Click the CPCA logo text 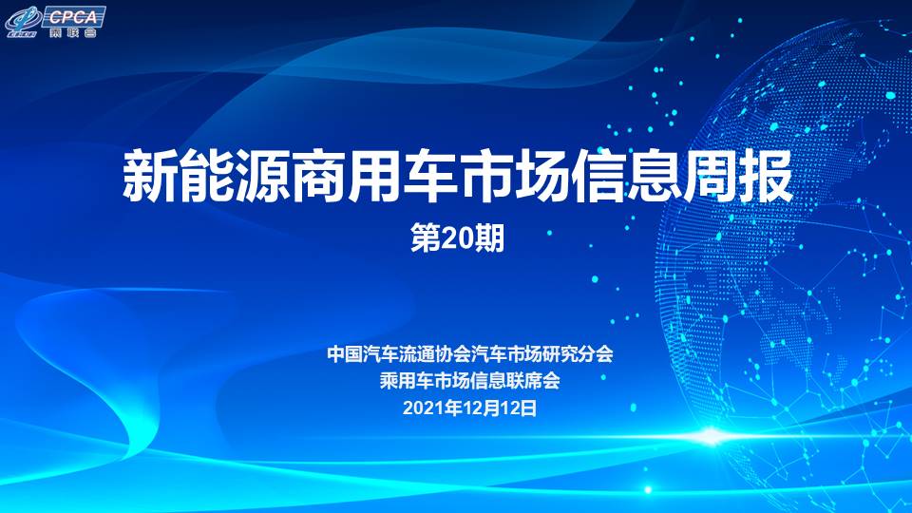tap(73, 16)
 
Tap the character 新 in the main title tap(150, 176)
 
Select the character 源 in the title tap(262, 176)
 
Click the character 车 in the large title tap(430, 176)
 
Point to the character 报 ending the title tap(767, 176)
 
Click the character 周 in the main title tap(711, 176)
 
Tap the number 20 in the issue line tap(457, 239)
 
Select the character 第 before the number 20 tap(426, 239)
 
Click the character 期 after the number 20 tap(488, 239)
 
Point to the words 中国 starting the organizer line tap(345, 353)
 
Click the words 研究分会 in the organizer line tap(578, 353)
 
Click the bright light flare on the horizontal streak tap(712, 436)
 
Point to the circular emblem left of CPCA tap(23, 22)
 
